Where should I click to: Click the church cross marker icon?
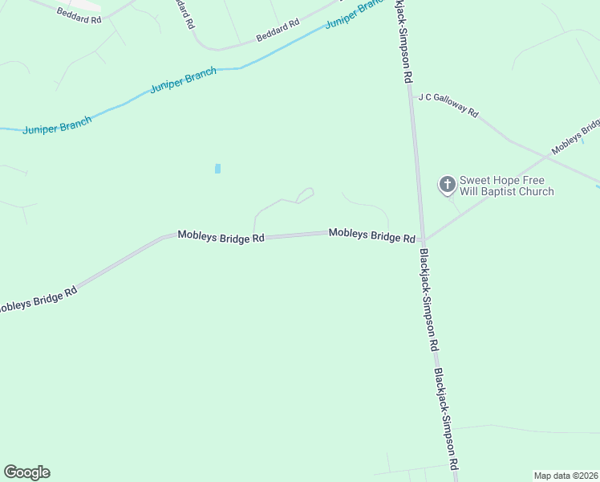[x=447, y=185]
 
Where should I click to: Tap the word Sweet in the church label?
[x=474, y=181]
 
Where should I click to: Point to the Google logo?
[x=27, y=472]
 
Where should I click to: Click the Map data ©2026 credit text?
[x=566, y=476]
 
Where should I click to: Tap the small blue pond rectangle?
[x=217, y=169]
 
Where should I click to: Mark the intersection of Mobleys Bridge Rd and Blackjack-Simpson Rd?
[x=421, y=239]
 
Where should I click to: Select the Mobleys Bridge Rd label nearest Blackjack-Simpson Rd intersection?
[x=371, y=236]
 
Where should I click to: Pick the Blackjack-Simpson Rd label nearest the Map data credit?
[x=446, y=419]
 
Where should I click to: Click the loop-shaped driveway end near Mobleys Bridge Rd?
[x=305, y=195]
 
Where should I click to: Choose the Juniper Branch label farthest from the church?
[x=57, y=125]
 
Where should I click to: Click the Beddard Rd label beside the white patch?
[x=79, y=14]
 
